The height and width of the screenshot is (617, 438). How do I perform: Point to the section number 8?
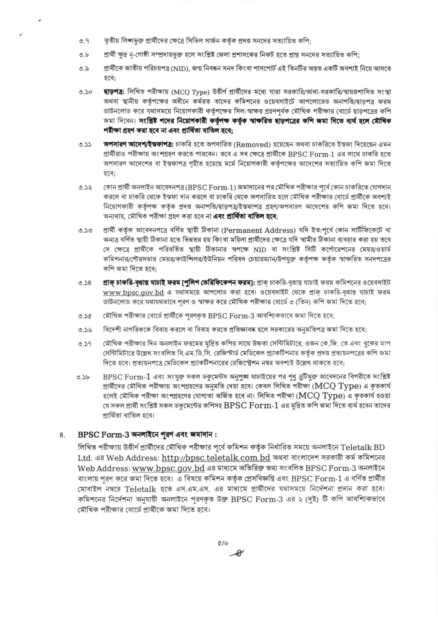pos(63,435)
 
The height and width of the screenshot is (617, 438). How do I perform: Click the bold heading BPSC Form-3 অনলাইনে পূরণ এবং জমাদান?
pos(147,435)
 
